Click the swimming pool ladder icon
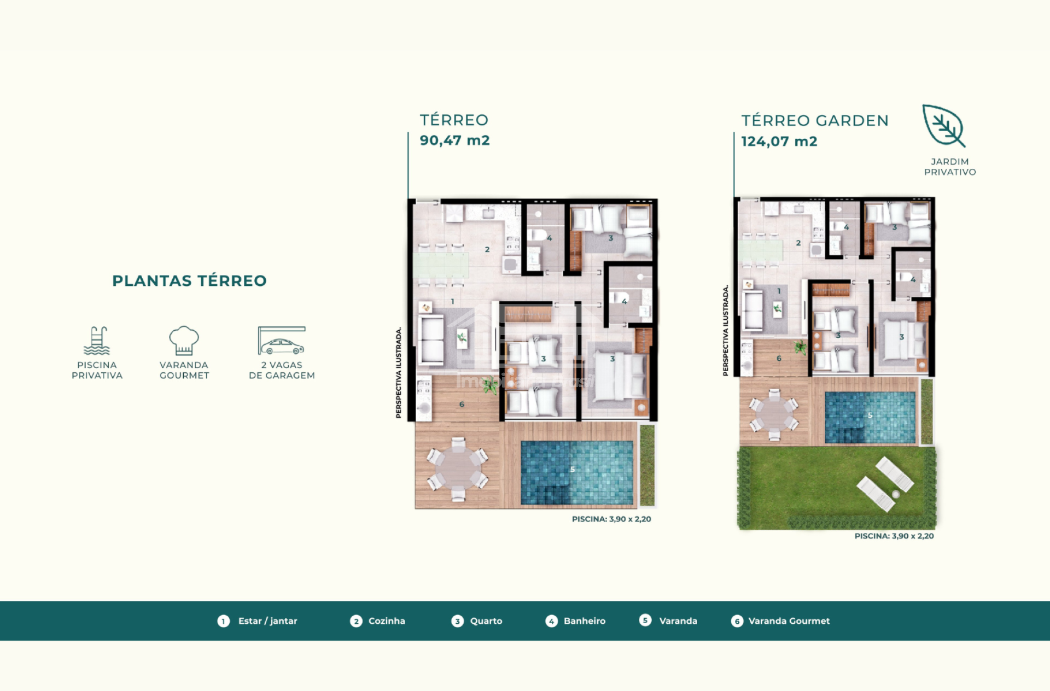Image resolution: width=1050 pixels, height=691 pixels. click(97, 341)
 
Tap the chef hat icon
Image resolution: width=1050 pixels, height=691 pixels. click(184, 341)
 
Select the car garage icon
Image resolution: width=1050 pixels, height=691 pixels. click(282, 341)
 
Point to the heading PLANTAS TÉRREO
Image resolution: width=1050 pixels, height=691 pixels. click(189, 280)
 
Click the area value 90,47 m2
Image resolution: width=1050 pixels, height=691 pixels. click(454, 140)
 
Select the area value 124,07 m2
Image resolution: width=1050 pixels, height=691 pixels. click(779, 142)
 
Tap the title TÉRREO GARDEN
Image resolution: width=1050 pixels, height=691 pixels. click(815, 121)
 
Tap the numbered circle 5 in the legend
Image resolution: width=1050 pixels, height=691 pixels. click(645, 620)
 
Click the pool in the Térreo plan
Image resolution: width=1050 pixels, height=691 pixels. click(577, 472)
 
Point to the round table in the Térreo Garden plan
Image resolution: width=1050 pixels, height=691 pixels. click(774, 414)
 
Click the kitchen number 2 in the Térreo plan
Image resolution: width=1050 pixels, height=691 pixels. click(487, 249)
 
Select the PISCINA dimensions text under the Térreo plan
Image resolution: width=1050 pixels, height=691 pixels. click(611, 519)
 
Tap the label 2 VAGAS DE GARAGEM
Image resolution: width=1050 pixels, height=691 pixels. click(282, 370)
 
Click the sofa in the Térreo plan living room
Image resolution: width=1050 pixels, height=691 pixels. click(431, 340)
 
